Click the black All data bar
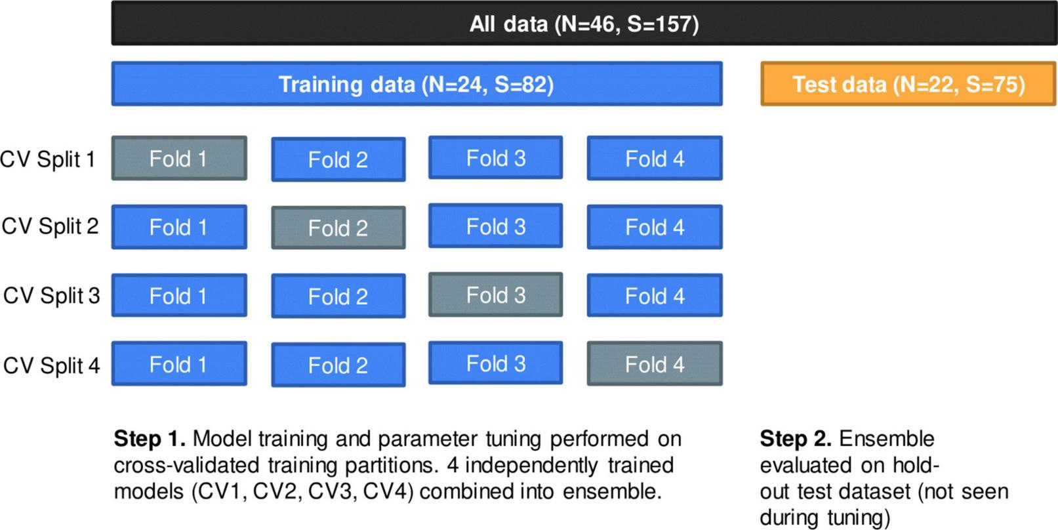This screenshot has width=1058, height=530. point(584,23)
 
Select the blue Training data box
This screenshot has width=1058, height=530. point(417,83)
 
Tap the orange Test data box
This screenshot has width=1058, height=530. point(908,83)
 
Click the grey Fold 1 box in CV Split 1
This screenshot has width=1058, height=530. point(179,158)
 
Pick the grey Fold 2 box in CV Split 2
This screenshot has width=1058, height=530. point(338,228)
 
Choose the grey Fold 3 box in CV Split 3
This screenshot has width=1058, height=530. point(495,295)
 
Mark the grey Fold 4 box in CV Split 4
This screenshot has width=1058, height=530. point(655,364)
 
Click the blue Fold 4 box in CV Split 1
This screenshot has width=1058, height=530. point(655,158)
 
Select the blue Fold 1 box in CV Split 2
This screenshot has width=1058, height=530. point(179,227)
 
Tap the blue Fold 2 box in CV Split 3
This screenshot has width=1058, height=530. point(338,296)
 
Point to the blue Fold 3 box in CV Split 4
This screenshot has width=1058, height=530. point(495,363)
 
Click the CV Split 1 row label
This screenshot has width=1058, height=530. point(48,159)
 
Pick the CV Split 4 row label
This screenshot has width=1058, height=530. point(51,365)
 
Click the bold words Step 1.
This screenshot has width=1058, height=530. point(150,439)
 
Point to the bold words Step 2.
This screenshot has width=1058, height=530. point(796,439)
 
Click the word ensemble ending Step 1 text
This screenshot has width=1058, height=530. point(611,491)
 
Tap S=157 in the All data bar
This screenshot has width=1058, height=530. point(662,24)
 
